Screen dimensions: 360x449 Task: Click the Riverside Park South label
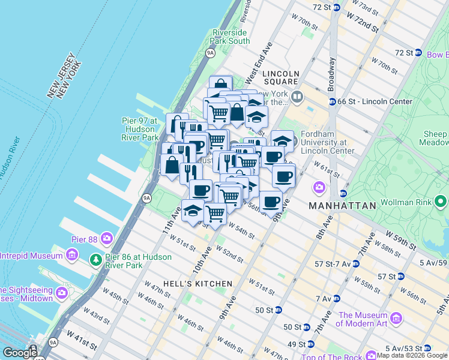(x=230, y=37)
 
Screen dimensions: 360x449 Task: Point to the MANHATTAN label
(x=342, y=206)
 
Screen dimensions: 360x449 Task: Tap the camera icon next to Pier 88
(x=106, y=237)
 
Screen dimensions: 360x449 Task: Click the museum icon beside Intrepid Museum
(x=72, y=257)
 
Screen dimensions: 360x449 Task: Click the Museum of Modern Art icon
(x=396, y=318)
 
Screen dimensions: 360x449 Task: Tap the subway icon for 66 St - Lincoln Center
(x=331, y=101)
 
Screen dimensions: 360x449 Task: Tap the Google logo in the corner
(x=19, y=353)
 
